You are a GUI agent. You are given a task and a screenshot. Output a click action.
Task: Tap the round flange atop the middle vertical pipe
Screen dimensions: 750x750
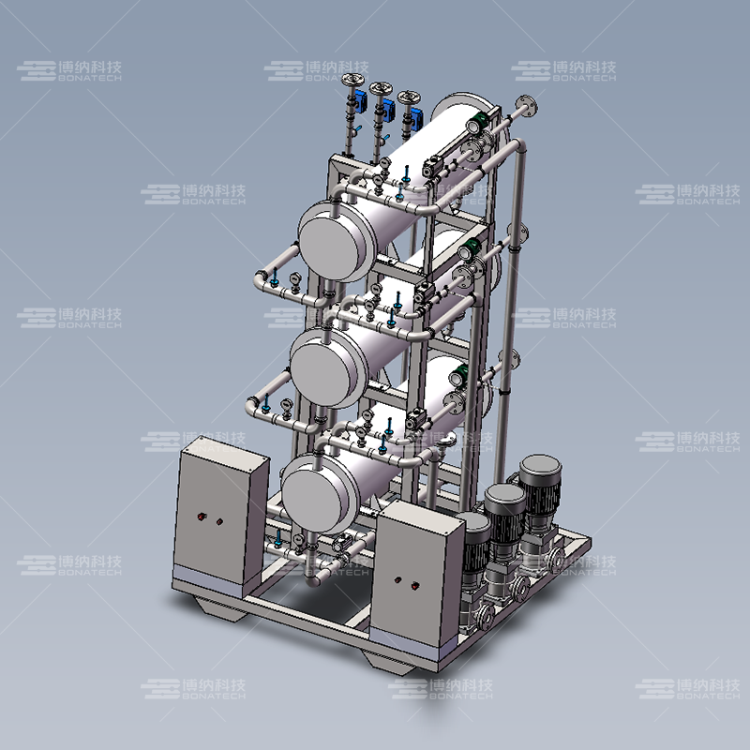(x=382, y=88)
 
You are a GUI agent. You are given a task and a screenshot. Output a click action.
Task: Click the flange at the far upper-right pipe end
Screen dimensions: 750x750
(x=526, y=106)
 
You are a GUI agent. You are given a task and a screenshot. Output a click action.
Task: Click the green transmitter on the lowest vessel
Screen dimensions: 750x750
(x=460, y=372)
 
